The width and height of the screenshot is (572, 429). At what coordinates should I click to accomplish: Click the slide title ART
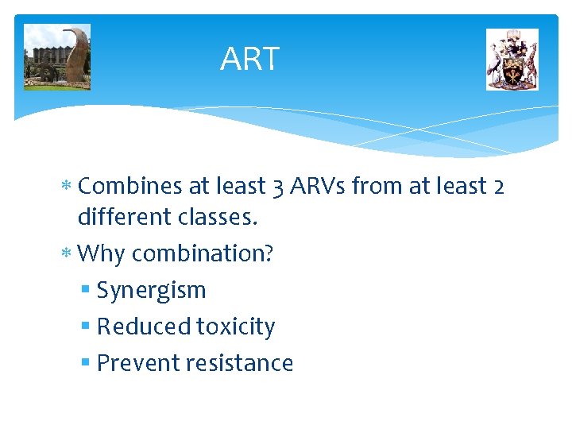(x=249, y=60)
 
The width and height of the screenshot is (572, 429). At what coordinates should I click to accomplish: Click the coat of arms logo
(x=512, y=60)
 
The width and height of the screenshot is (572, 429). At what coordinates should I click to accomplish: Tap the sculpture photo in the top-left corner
(x=57, y=57)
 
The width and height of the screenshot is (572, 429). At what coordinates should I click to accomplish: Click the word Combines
(x=131, y=186)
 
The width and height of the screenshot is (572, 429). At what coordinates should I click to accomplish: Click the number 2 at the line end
(x=498, y=186)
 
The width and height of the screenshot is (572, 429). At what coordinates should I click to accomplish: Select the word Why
(x=102, y=253)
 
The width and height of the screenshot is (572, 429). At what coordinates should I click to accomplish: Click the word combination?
(x=203, y=253)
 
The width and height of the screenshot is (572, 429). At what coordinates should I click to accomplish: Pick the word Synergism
(x=151, y=291)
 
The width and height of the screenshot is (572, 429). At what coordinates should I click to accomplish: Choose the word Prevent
(x=137, y=363)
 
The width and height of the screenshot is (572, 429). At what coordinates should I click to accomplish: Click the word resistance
(x=239, y=363)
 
